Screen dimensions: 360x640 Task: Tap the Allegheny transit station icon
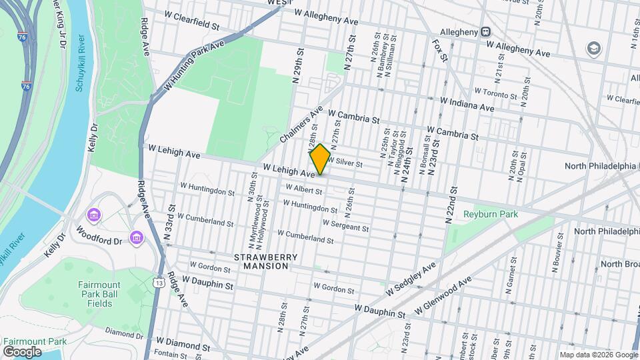pos(487,31)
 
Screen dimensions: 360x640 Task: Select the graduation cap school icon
pos(592,48)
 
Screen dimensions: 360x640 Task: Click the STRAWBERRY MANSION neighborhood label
pos(261,261)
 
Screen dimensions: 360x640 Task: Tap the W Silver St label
pos(344,162)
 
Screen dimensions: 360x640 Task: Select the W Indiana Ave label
pos(467,103)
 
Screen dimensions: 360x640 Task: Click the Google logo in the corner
pos(22,351)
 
